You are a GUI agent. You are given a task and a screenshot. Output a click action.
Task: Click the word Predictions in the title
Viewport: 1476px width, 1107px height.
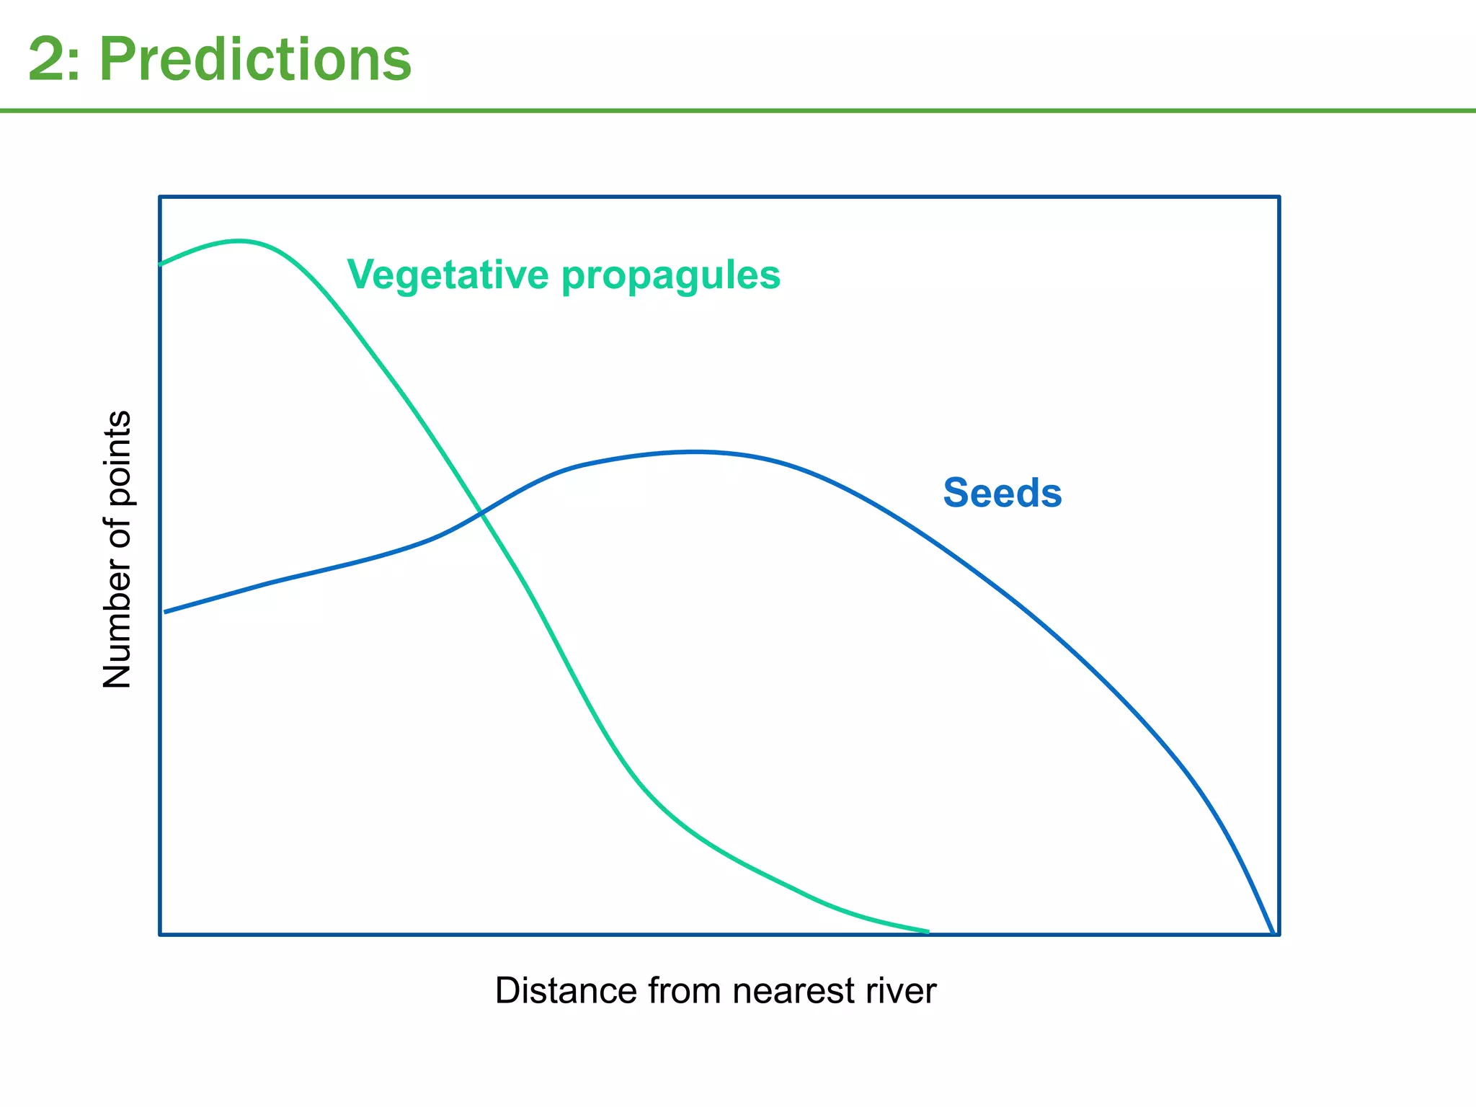coord(254,59)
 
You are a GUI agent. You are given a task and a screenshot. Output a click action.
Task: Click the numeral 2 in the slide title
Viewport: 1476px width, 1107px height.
coord(45,61)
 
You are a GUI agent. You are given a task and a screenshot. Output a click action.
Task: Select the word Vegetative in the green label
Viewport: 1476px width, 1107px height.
coord(447,275)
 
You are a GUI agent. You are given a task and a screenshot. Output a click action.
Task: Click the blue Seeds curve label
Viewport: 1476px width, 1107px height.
coord(1002,493)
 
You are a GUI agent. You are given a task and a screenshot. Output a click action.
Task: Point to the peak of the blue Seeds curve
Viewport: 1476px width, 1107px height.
coord(693,452)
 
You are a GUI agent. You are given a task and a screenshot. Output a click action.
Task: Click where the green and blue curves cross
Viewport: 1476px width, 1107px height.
coord(480,513)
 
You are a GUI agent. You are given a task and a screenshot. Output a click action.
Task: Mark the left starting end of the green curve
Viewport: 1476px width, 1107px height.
coord(161,264)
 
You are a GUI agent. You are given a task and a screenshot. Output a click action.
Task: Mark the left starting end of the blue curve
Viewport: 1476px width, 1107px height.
coord(166,612)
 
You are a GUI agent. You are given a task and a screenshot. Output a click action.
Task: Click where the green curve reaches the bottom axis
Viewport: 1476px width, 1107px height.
coord(927,932)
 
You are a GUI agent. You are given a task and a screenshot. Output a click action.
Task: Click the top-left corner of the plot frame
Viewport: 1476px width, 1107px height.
coord(160,197)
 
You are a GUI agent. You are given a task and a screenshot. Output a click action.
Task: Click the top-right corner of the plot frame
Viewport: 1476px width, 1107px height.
coord(1279,197)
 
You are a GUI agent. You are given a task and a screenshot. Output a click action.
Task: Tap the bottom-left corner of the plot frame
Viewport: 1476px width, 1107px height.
coord(160,934)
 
